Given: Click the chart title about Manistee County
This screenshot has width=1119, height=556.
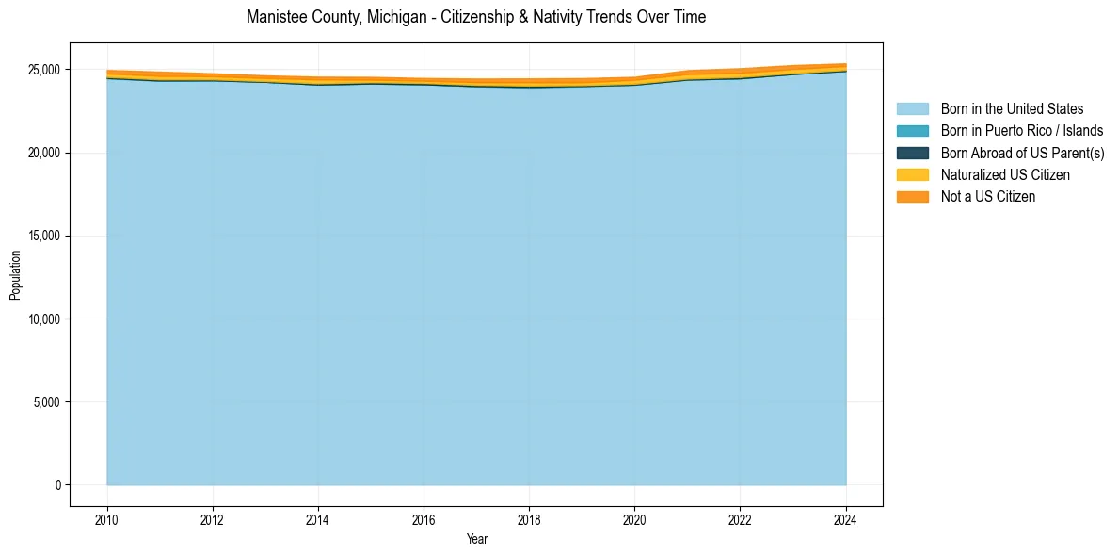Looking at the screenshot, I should pyautogui.click(x=475, y=17).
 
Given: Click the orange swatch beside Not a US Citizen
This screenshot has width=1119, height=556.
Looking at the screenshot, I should pyautogui.click(x=912, y=197).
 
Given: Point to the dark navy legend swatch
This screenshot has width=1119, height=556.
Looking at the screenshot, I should pyautogui.click(x=912, y=153).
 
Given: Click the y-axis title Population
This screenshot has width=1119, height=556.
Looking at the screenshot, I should pyautogui.click(x=15, y=275).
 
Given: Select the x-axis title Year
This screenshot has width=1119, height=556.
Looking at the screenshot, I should pyautogui.click(x=477, y=539).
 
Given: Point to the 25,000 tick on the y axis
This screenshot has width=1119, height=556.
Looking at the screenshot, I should pyautogui.click(x=44, y=70).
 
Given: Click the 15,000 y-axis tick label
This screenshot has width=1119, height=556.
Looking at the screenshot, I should pyautogui.click(x=44, y=237).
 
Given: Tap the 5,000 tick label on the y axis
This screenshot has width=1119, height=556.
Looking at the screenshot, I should pyautogui.click(x=47, y=402).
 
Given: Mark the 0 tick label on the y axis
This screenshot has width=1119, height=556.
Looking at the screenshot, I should pyautogui.click(x=56, y=485).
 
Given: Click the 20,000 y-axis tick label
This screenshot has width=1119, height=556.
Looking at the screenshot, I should pyautogui.click(x=44, y=153).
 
